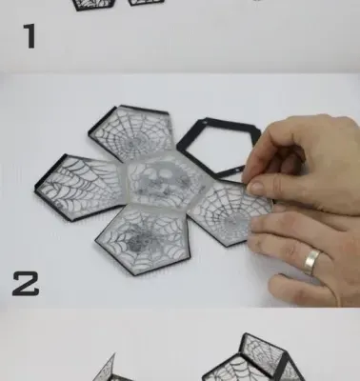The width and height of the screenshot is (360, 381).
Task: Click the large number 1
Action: [x=30, y=37]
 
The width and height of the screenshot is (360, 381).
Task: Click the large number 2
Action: [x=26, y=284]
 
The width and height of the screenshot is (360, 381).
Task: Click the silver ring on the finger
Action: [x=311, y=262]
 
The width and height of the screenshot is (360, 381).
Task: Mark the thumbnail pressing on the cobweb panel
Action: [x=254, y=188]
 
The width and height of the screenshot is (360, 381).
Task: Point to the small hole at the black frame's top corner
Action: [x=206, y=122]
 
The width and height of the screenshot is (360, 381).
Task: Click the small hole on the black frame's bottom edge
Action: [x=237, y=171]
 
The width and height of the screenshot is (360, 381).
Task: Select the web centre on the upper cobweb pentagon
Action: [x=135, y=142]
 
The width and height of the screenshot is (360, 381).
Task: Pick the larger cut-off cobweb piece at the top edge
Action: [x=93, y=5]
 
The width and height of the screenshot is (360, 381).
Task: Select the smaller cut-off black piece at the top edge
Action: [x=147, y=3]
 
